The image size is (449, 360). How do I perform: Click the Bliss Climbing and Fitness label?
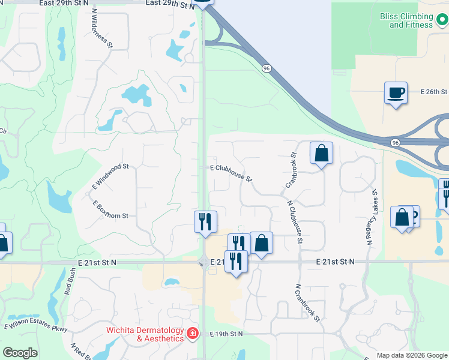(x=411, y=20)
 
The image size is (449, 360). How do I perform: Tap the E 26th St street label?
(x=435, y=92)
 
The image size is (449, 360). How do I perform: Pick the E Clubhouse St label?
(x=231, y=172)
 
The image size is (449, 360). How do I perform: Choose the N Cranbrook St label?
(x=308, y=305)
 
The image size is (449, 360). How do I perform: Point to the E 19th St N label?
(x=226, y=334)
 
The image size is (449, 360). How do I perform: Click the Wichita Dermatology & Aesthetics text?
(x=145, y=334)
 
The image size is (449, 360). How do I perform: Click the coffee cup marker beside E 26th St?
(x=396, y=93)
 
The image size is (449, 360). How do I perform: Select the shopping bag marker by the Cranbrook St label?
(x=321, y=153)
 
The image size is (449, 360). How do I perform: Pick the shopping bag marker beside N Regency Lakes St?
(x=401, y=217)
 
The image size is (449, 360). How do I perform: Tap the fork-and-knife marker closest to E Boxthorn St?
(x=205, y=221)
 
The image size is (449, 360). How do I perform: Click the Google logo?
(x=20, y=353)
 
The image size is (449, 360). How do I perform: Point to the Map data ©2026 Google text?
(x=412, y=355)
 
